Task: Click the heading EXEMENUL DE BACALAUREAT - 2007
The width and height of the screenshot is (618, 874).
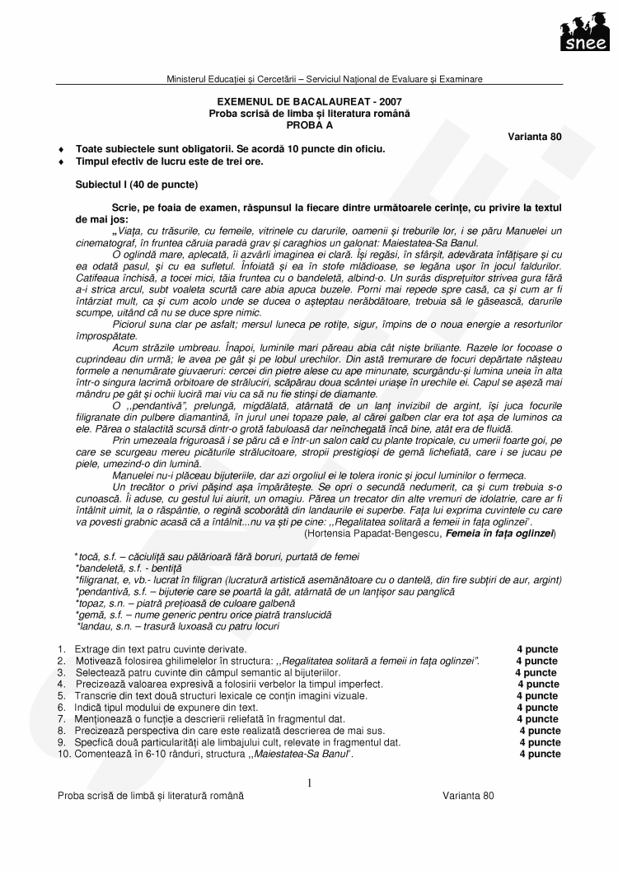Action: (x=309, y=101)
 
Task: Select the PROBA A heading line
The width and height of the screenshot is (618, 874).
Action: (x=309, y=124)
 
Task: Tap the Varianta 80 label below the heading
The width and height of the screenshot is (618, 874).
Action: (x=535, y=136)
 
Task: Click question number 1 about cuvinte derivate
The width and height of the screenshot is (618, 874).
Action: (x=61, y=649)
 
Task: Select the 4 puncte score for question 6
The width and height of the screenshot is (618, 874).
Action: (x=537, y=708)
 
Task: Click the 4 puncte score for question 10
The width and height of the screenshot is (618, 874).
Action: (x=540, y=754)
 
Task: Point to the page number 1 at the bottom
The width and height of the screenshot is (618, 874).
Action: (x=308, y=783)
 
